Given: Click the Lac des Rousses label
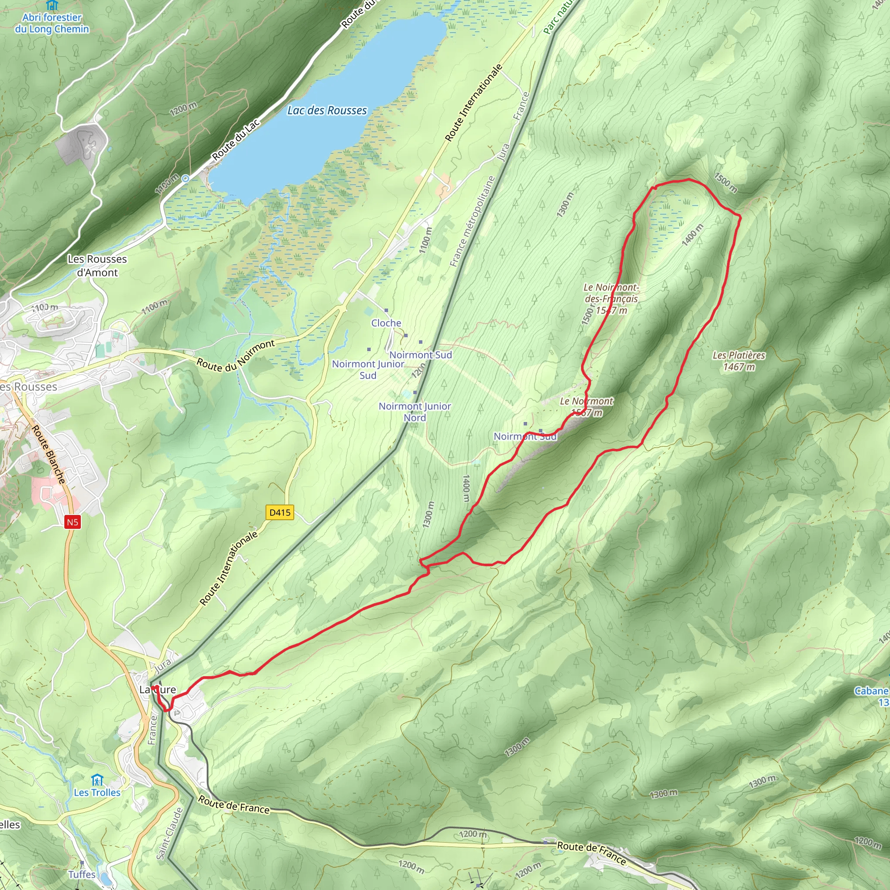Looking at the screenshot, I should click(x=327, y=110).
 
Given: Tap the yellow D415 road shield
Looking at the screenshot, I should click(x=279, y=512).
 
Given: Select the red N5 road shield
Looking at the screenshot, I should click(x=72, y=522).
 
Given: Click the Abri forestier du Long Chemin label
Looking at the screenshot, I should click(x=52, y=23).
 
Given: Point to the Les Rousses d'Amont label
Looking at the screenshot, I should click(x=97, y=266).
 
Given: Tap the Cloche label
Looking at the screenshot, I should click(x=386, y=323).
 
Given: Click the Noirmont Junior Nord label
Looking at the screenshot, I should click(x=415, y=412).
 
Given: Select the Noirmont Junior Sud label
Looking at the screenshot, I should click(x=368, y=369).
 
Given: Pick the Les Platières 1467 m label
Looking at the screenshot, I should click(x=738, y=361).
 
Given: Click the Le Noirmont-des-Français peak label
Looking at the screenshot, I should click(x=611, y=299).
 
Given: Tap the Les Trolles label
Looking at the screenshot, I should click(x=97, y=792).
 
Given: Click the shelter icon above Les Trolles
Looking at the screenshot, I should click(x=97, y=780).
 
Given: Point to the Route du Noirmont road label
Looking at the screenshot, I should click(x=236, y=355).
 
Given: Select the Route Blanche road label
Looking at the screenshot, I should click(x=48, y=454).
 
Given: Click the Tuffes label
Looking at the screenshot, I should click(x=82, y=874).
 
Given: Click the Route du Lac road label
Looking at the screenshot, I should click(x=236, y=139).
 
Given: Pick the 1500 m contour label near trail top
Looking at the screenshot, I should click(x=726, y=183).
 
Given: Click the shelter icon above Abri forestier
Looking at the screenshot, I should click(x=52, y=5).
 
